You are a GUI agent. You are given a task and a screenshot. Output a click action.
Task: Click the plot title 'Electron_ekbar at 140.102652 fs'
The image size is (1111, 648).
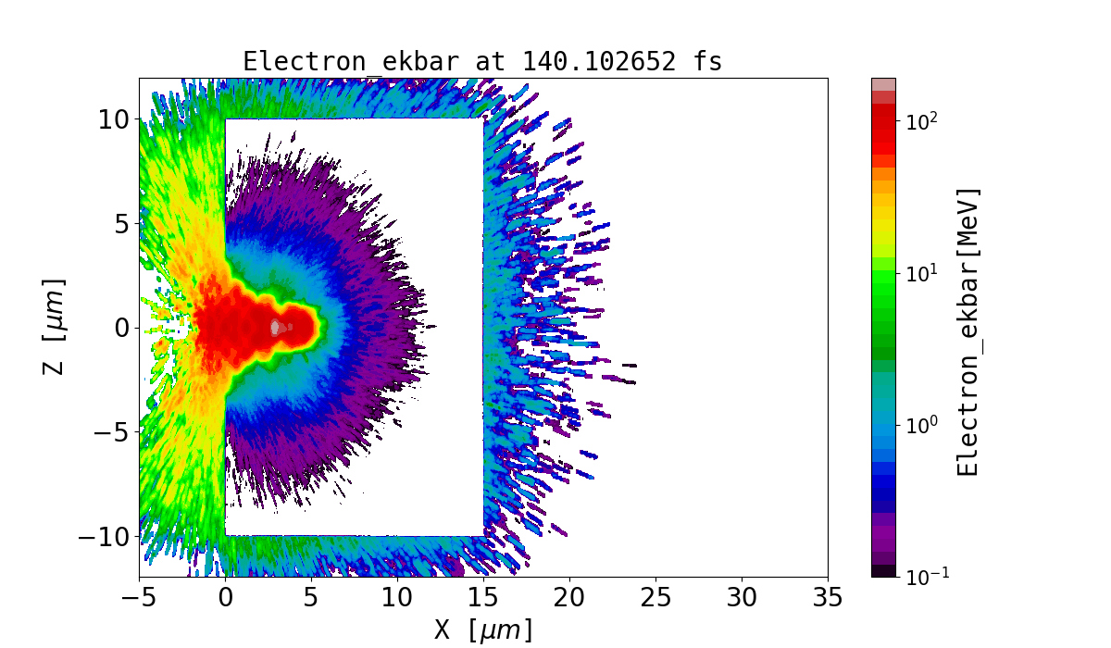[482, 61]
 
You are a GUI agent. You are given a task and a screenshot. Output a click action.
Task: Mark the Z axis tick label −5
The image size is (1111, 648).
[109, 432]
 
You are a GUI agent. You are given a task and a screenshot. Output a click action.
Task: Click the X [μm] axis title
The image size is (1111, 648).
[483, 629]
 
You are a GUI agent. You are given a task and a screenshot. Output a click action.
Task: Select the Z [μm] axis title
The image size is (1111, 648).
[55, 327]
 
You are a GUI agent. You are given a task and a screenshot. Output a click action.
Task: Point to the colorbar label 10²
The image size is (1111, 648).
[920, 122]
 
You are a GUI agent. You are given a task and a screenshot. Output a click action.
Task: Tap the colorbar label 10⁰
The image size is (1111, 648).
[920, 425]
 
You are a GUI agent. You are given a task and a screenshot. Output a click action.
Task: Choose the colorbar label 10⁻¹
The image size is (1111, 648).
[923, 576]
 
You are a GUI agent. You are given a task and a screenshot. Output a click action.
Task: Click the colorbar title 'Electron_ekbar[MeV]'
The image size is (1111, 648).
[967, 331]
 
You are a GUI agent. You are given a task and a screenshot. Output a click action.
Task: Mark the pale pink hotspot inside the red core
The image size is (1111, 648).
[275, 327]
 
